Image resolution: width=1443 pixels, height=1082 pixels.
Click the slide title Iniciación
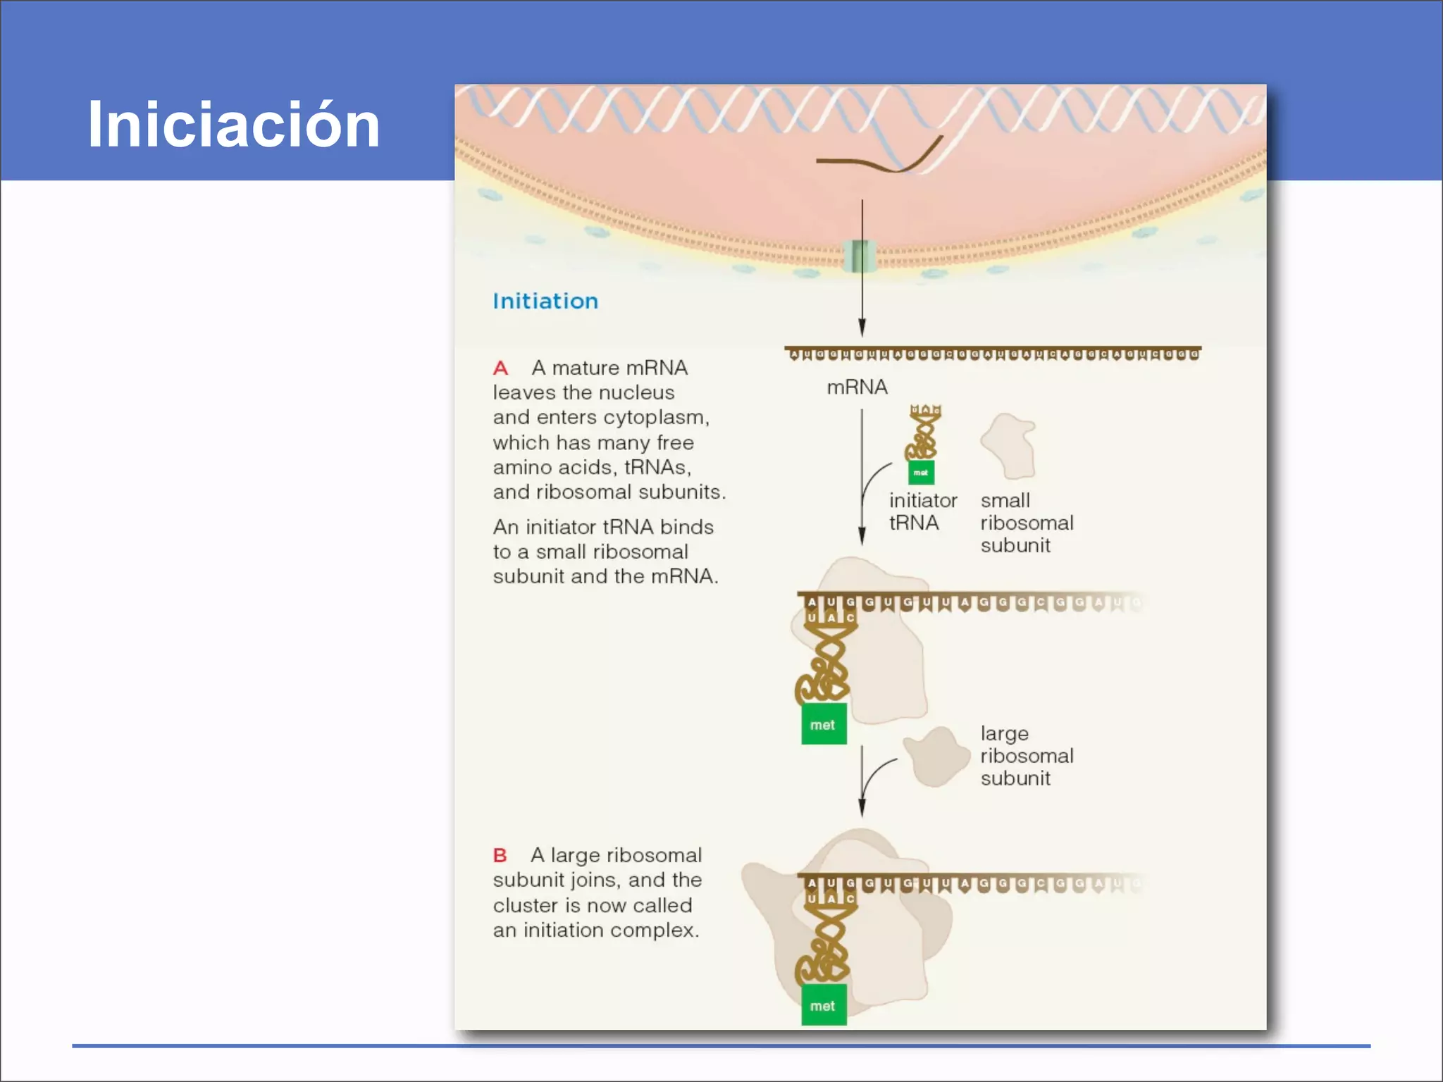(233, 125)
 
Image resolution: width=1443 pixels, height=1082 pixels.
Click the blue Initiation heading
(545, 301)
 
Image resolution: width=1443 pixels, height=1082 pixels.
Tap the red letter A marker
(500, 368)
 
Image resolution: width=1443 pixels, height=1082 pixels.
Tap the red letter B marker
(500, 855)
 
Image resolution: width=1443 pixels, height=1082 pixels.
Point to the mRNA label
(857, 387)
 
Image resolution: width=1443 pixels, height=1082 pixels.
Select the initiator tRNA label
(922, 511)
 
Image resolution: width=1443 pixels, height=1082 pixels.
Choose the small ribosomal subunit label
(1027, 523)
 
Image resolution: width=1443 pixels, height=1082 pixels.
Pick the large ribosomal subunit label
(1027, 756)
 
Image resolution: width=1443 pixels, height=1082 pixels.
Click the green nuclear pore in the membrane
(860, 256)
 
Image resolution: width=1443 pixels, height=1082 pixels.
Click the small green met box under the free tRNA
(921, 473)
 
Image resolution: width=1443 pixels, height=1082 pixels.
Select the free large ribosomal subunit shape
(936, 758)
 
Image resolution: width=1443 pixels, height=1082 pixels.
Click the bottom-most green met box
(823, 1006)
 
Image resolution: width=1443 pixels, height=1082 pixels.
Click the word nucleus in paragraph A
(638, 393)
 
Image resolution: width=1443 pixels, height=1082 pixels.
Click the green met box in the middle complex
(823, 725)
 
